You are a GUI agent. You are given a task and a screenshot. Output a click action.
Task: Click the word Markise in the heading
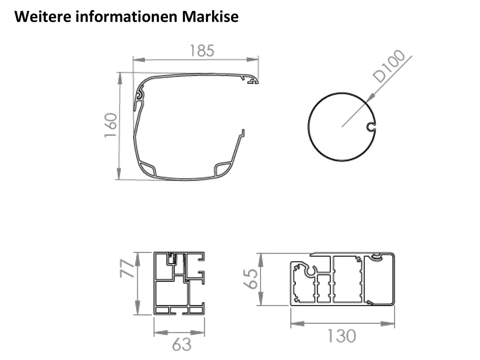tap(210, 17)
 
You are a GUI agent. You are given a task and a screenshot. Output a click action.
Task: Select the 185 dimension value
tap(202, 51)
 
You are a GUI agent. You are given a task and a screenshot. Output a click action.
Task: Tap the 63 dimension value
tap(182, 345)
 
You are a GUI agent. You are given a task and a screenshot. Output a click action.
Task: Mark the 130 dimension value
tap(342, 336)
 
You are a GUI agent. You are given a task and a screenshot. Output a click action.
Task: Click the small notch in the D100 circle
tap(371, 127)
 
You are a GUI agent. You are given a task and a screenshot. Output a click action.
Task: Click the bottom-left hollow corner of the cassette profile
tap(147, 168)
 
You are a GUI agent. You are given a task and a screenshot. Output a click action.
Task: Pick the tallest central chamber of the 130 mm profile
tap(347, 279)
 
